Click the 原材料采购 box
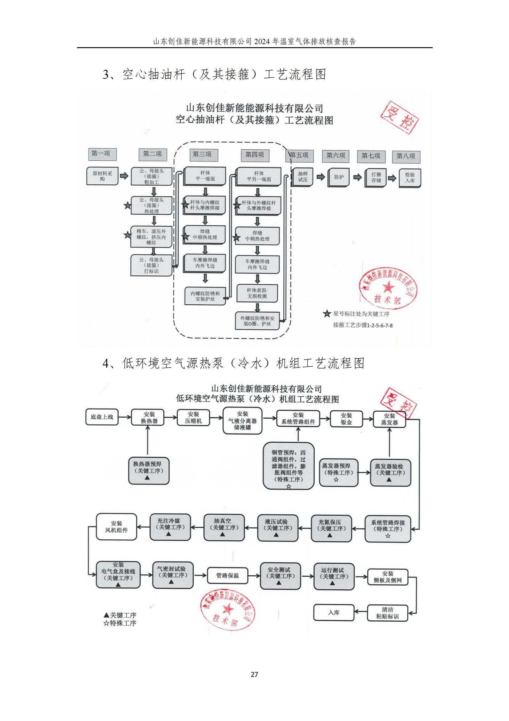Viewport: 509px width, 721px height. click(102, 176)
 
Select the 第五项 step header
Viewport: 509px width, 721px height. click(300, 155)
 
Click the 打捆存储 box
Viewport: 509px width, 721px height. click(375, 177)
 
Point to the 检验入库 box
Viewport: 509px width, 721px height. click(410, 178)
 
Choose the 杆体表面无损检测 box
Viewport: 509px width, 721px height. click(257, 293)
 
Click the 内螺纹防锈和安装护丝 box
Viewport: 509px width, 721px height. click(205, 296)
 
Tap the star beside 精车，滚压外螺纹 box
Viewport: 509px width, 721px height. click(127, 235)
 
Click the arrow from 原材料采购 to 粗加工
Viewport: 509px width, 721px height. click(124, 176)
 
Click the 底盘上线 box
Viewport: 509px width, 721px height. click(102, 417)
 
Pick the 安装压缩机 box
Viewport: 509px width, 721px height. click(193, 418)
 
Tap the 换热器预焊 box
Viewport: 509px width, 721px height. click(149, 471)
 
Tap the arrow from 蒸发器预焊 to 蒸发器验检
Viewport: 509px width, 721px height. click(364, 472)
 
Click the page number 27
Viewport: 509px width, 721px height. click(254, 674)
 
